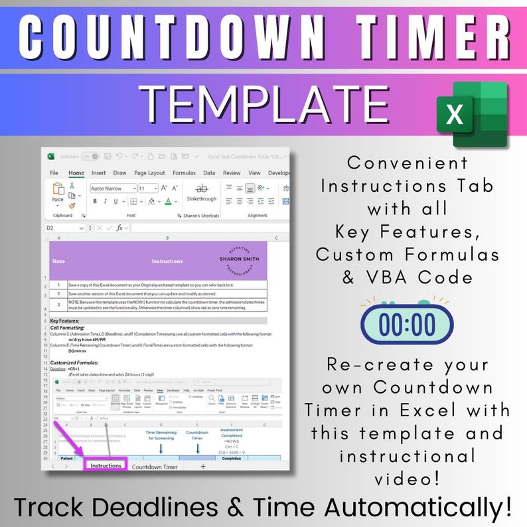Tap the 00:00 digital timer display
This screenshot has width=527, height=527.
(407, 324)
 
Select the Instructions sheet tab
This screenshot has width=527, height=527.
(106, 466)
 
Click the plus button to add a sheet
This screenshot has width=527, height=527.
(203, 467)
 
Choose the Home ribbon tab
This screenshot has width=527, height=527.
(76, 173)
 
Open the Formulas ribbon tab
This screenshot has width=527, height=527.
(184, 173)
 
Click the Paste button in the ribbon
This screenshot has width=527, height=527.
(58, 194)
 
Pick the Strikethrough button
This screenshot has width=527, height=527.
(202, 192)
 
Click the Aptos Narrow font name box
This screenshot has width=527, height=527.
(112, 188)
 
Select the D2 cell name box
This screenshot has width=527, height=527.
(65, 228)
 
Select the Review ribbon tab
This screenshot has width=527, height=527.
(232, 173)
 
